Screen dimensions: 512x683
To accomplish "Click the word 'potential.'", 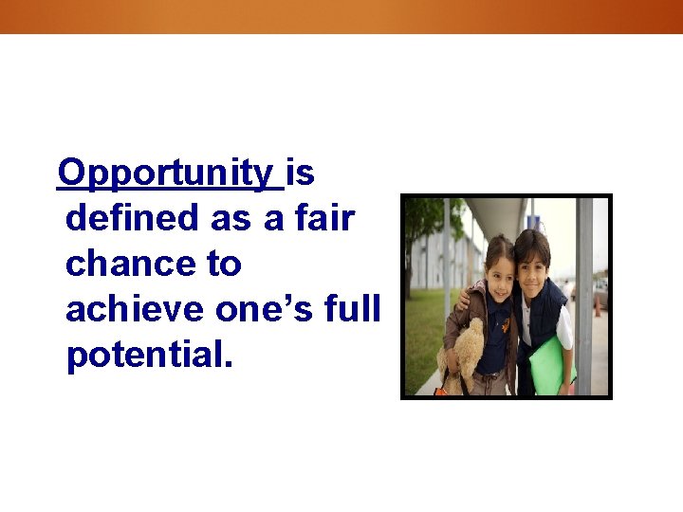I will [149, 356].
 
